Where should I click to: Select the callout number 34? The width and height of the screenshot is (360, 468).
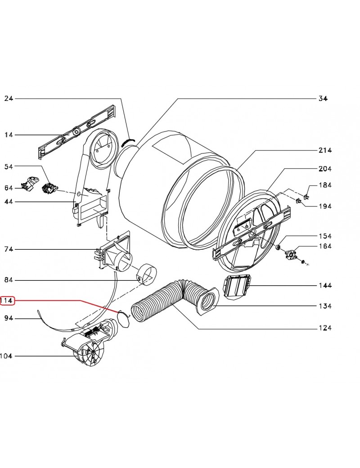coord(323,99)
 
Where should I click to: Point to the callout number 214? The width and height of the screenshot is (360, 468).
coord(324,150)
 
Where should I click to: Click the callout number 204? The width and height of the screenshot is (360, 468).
coord(324,169)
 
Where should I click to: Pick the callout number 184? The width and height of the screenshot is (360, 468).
coord(324,185)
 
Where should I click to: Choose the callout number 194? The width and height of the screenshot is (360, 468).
coord(324,206)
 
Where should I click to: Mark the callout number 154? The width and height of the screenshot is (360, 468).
coord(324,236)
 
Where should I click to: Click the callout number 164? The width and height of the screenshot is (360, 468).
coord(324,246)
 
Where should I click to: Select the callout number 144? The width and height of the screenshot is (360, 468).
coord(324,285)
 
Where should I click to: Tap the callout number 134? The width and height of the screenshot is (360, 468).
coord(324,306)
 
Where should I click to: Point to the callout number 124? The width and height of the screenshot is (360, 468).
coord(324,328)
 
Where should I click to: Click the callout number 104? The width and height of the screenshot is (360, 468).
coord(6,356)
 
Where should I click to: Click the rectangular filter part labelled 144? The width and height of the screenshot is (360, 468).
coord(236,287)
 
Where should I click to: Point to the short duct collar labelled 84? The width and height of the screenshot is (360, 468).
coord(147,275)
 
